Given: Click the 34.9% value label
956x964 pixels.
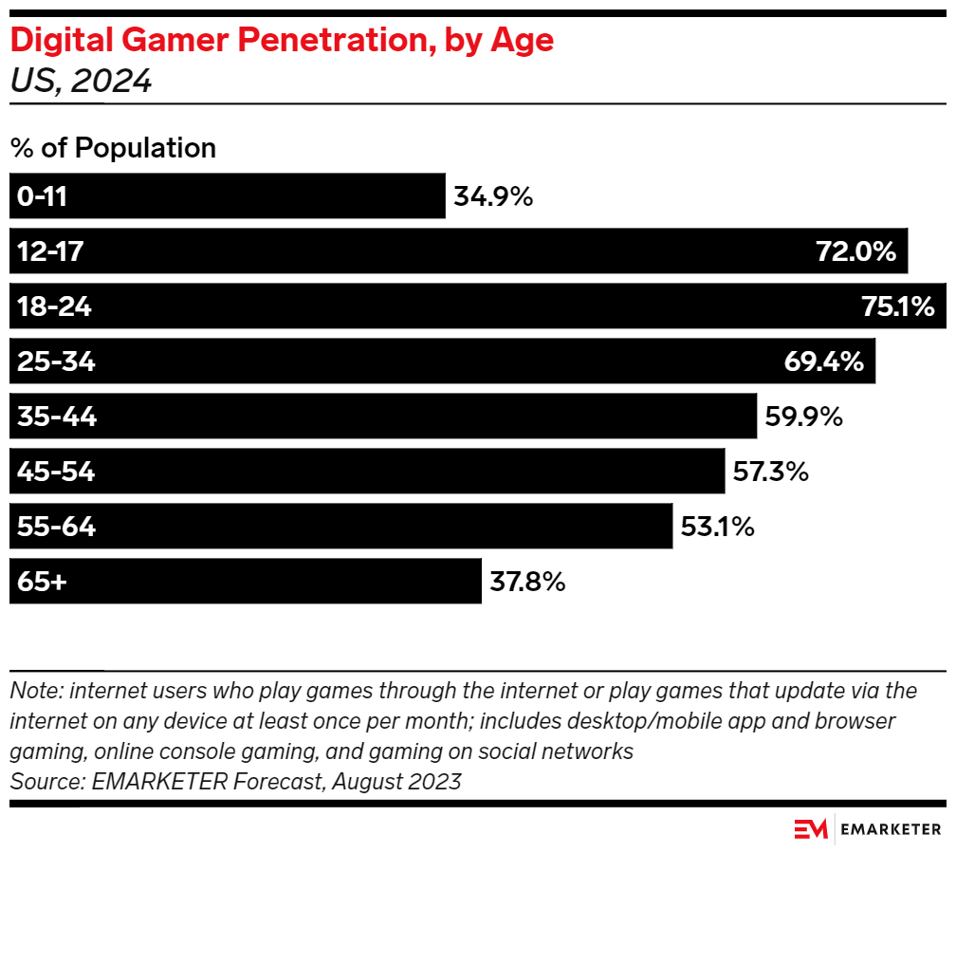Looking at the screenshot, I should (493, 197).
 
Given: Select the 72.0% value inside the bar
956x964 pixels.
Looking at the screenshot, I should (855, 251).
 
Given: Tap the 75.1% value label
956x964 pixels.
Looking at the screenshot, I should (897, 306).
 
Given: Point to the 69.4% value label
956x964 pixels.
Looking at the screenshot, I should (823, 361).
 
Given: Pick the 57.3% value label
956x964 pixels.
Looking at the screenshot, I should (770, 472).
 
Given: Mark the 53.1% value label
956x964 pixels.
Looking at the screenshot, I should (717, 527).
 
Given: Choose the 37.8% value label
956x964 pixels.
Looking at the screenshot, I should (527, 582).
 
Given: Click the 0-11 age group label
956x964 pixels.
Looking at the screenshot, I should (43, 197).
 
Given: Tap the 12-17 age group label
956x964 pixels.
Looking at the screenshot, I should (50, 251).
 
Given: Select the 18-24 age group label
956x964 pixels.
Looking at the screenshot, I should (54, 306).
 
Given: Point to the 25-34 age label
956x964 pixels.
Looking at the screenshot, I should (56, 361).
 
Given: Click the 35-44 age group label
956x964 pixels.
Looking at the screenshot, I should (57, 417).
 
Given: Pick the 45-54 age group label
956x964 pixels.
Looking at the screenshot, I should (56, 472).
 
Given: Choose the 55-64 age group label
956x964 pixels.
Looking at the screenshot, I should (56, 527).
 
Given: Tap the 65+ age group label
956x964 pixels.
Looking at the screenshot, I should (42, 582).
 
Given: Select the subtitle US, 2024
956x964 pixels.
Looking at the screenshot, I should (81, 82).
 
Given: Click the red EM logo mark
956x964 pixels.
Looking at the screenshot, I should (811, 829).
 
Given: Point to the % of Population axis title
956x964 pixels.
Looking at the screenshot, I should (113, 148).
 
